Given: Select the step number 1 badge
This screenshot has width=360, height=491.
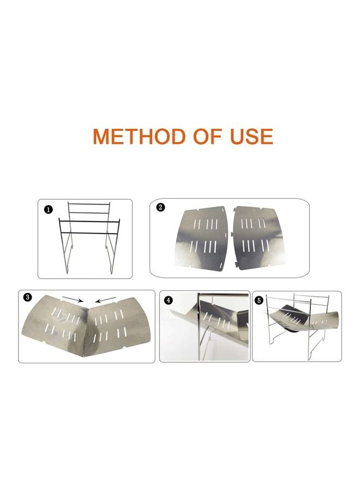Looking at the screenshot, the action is pyautogui.click(x=48, y=210).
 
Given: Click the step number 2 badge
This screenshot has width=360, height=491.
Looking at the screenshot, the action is pyautogui.click(x=160, y=207).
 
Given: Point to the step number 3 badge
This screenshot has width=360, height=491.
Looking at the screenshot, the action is pyautogui.click(x=28, y=297).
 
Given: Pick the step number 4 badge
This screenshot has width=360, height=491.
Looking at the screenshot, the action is pyautogui.click(x=169, y=300).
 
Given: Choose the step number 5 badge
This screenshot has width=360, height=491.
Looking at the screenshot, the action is pyautogui.click(x=259, y=301).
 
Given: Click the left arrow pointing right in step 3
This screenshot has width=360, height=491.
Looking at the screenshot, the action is pyautogui.click(x=73, y=299).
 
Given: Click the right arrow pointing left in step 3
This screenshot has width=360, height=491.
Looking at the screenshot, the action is pyautogui.click(x=106, y=300).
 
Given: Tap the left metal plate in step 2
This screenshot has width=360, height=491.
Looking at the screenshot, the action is pyautogui.click(x=202, y=238).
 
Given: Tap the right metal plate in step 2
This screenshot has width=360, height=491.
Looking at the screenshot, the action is pyautogui.click(x=258, y=238).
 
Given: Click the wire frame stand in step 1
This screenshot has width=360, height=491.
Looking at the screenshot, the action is pyautogui.click(x=89, y=237).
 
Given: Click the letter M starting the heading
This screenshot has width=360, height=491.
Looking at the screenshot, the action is pyautogui.click(x=100, y=136).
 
